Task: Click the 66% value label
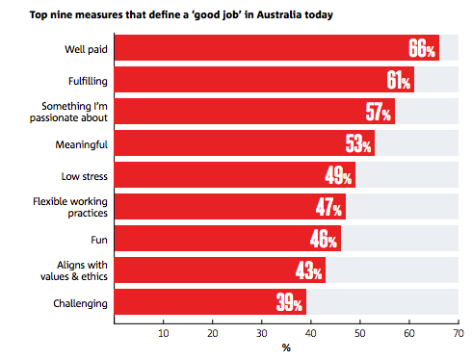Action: coord(422,48)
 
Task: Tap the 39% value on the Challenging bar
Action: coord(289,302)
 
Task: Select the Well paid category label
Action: coord(86,49)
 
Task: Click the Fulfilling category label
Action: coord(88,81)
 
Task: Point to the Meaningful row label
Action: coord(82,144)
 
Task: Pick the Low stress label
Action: coord(85,176)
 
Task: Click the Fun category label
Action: coord(99,240)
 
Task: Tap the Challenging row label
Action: coord(80,303)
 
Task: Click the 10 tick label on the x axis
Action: coord(164,334)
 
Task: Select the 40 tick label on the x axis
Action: coord(311,334)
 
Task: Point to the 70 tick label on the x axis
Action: coord(459,334)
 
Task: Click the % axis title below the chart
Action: coord(286,347)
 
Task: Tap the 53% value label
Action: coord(358,143)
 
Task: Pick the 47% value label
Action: coord(328,207)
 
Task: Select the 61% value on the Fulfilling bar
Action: coord(398,80)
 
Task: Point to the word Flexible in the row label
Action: coord(50,201)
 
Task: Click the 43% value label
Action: coord(308,270)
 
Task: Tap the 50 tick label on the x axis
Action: coord(360,334)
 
